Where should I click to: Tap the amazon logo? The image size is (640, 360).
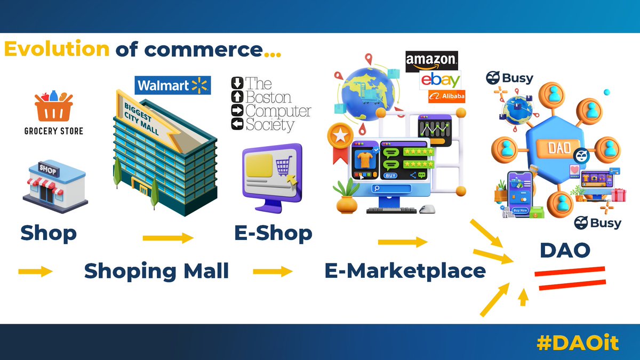[x=431, y=62]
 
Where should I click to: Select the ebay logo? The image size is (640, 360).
[x=440, y=81]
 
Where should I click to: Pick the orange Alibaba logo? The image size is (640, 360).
[x=446, y=97]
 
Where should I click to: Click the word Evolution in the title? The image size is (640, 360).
[x=57, y=50]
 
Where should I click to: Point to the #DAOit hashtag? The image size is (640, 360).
[x=577, y=343]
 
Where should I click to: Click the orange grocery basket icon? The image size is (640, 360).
[x=53, y=107]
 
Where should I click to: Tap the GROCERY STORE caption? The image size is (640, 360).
[x=53, y=131]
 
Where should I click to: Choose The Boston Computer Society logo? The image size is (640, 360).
[x=271, y=104]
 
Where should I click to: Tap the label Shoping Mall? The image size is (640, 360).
[x=156, y=271]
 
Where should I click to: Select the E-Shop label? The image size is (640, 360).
[x=273, y=233]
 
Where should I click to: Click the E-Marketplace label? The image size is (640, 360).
[x=405, y=271]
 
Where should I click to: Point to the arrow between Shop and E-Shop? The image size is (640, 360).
[x=168, y=238]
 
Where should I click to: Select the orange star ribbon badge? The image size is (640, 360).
[x=339, y=141]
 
